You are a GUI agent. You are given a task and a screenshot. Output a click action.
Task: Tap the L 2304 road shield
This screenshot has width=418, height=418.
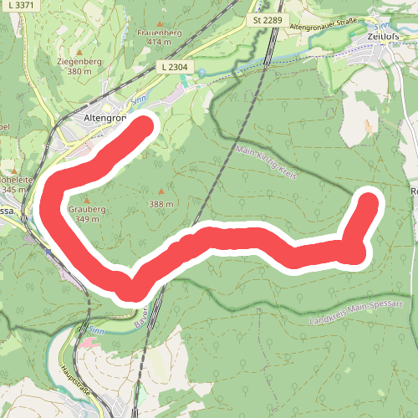coord(172,65)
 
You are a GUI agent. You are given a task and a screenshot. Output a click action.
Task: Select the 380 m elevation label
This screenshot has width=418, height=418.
coord(79,72)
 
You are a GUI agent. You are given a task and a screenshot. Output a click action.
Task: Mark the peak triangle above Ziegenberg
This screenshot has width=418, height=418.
coord(79,52)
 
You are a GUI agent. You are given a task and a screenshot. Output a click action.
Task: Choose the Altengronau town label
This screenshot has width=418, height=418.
coord(104,118)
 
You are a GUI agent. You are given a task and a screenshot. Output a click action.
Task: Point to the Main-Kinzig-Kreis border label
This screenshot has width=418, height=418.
coord(267,165)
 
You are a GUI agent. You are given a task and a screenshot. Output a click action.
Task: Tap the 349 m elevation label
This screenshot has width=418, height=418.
coord(87,220)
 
